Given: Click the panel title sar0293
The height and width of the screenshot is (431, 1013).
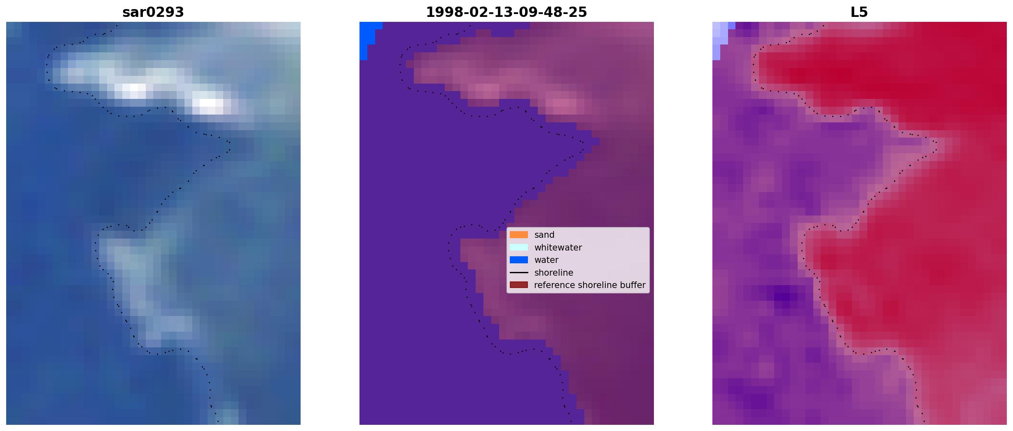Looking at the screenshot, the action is pos(153,12).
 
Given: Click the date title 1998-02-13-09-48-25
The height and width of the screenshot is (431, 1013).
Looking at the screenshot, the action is pos(506,12).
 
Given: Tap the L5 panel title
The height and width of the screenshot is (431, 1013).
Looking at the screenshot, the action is pos(859,12).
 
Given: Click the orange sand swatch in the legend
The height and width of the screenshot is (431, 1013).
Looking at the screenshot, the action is pos(519,235).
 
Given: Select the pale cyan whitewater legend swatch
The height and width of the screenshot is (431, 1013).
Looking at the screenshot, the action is pos(519,247).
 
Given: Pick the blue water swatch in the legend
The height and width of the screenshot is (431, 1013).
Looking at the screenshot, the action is pos(519,260).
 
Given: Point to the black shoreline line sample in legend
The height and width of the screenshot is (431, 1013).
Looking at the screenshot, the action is pos(519,272).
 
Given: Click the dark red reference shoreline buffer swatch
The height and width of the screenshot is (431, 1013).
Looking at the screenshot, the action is pos(519,285).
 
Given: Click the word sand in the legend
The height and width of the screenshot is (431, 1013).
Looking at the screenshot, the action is pos(544,235).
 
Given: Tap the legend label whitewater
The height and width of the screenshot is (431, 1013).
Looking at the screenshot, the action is pos(558,248).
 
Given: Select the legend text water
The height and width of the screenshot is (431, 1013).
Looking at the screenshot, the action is pos(546,260).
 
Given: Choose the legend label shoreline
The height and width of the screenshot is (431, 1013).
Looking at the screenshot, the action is pos(553,273).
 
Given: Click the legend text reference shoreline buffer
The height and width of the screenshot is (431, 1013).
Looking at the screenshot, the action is pos(590,285).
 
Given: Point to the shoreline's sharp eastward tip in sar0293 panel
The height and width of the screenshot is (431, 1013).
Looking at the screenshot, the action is pos(229,142).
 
